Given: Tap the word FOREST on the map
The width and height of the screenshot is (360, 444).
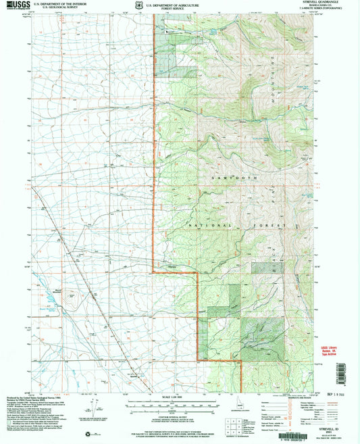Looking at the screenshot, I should (x=288, y=225).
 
